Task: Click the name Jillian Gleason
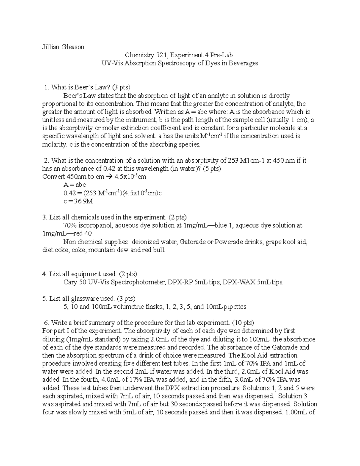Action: (x=63, y=47)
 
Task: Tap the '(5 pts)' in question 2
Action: (x=212, y=169)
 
